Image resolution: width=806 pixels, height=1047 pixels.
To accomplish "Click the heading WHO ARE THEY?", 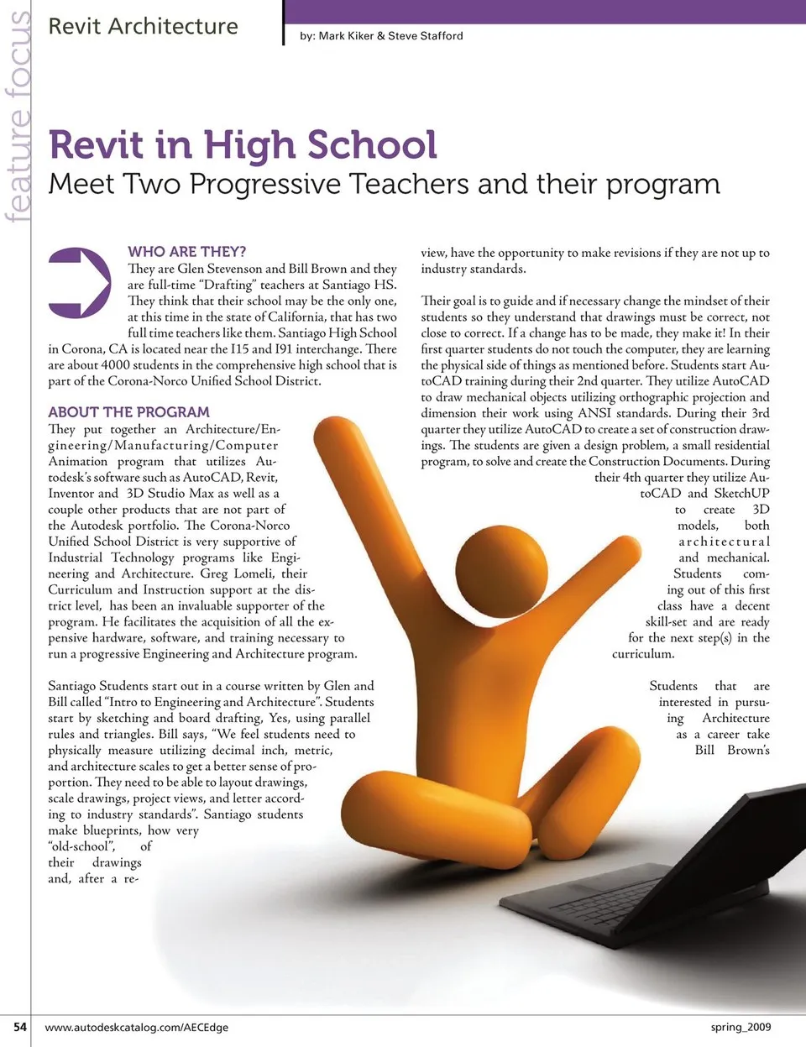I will click(x=186, y=251).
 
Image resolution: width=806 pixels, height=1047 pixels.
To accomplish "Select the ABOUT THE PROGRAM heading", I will click(x=128, y=412).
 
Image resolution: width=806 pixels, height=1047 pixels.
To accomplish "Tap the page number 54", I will click(x=20, y=1026).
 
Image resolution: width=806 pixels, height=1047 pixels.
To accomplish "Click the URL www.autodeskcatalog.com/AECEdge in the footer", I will click(x=136, y=1027).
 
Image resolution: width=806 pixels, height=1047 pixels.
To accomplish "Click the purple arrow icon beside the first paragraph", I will click(x=79, y=282).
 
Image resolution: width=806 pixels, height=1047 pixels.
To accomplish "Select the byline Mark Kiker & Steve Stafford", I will click(x=390, y=36).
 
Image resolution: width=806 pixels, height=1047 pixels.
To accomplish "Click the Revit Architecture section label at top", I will click(x=143, y=27).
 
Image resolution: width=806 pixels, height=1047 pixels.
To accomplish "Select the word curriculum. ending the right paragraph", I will click(x=643, y=654).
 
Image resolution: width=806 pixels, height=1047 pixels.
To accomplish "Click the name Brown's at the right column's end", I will click(x=748, y=750).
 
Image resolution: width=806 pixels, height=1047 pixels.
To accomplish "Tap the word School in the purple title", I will click(x=371, y=145).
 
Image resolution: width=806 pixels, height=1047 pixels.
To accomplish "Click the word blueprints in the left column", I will click(x=111, y=830).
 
